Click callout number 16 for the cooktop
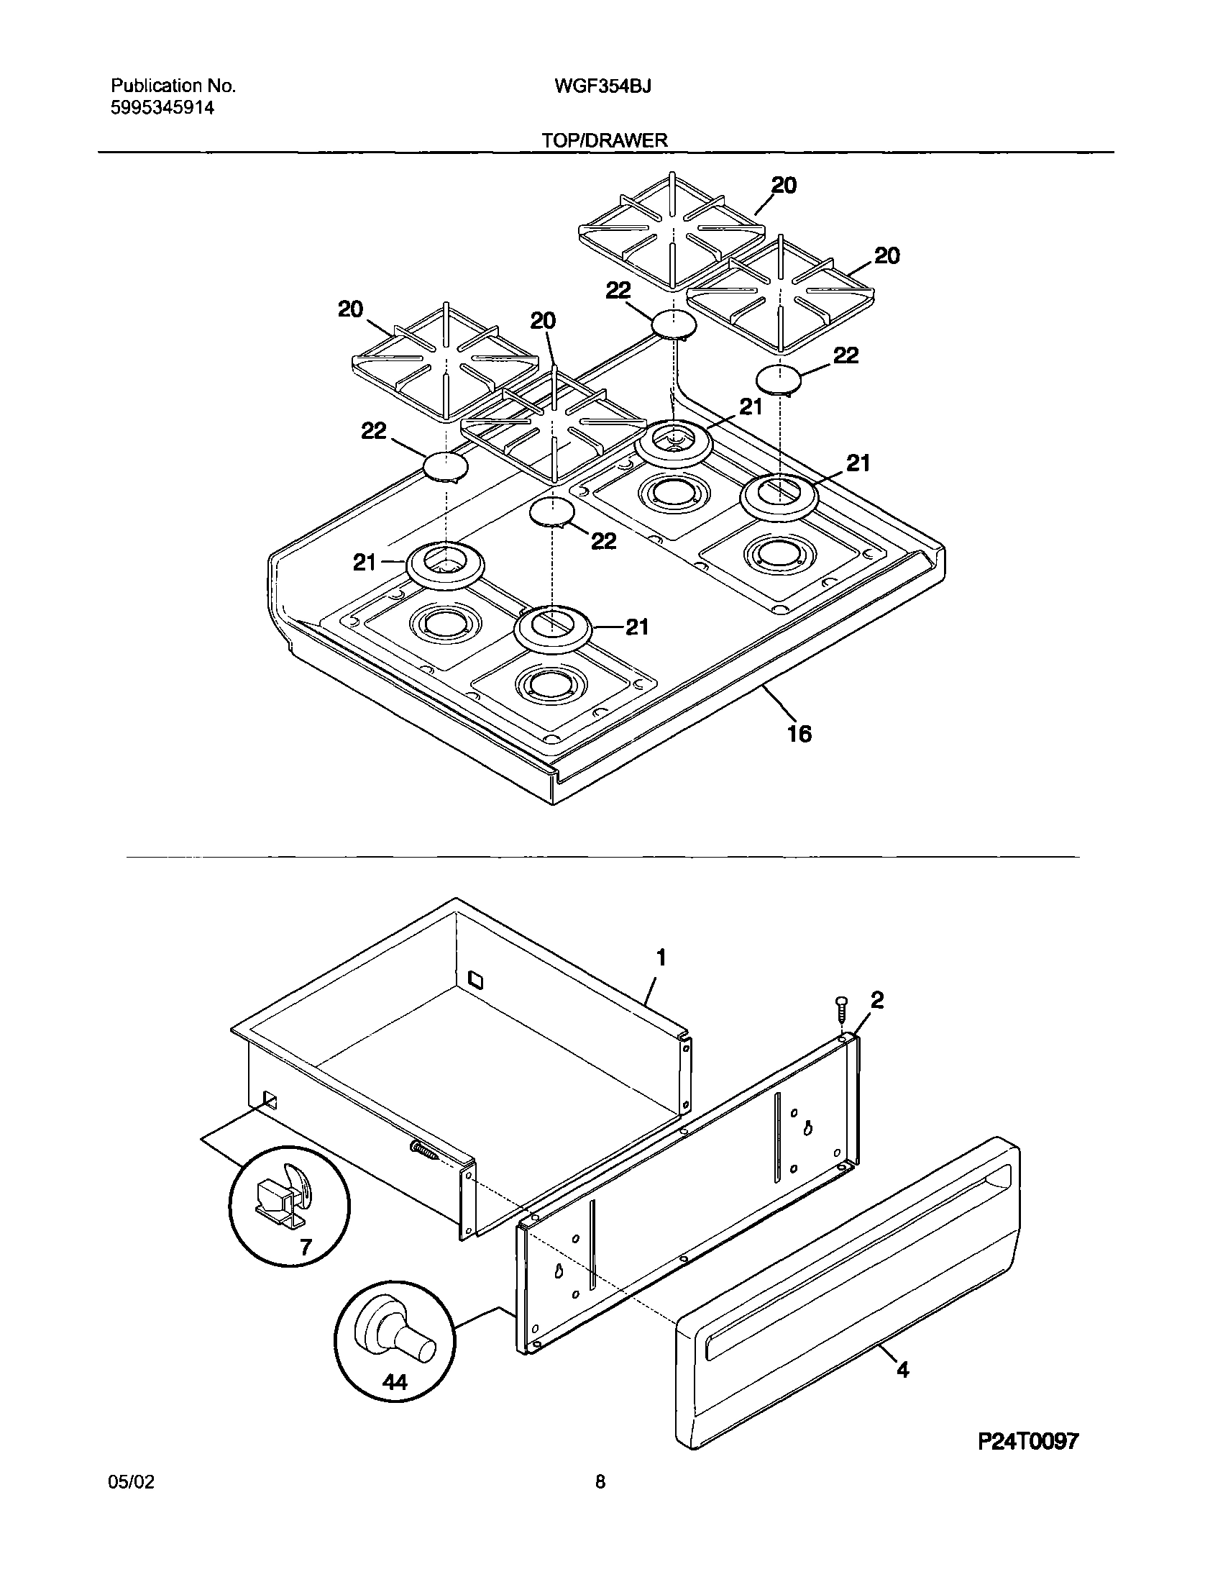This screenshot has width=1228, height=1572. coord(799,734)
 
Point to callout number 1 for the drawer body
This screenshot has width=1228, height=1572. coord(661,958)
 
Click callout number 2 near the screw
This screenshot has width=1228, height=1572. coord(876,1000)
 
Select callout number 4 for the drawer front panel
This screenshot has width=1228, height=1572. coord(903,1370)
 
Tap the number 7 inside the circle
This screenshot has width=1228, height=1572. coord(306,1247)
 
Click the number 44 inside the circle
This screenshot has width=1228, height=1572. coord(395,1382)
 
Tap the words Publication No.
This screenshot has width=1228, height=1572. coord(173,86)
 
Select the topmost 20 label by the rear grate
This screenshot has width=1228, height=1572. coord(784,186)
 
